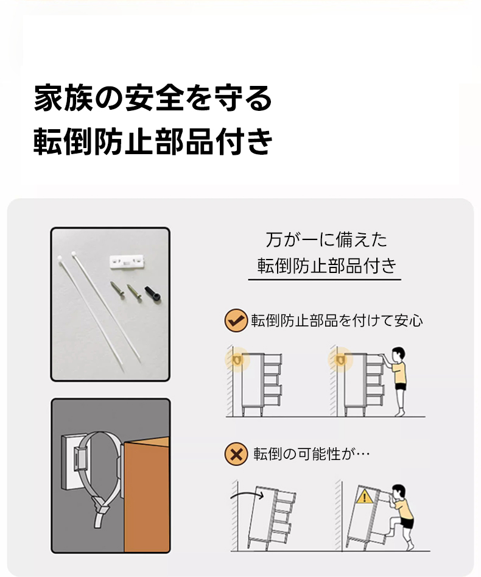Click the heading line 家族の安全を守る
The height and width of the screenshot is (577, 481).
[153, 98]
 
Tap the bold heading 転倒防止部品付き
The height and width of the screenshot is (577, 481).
[153, 141]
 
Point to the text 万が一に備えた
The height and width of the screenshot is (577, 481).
[326, 240]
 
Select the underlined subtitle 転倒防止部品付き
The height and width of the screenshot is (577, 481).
[327, 266]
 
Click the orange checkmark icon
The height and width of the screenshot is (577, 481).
[236, 320]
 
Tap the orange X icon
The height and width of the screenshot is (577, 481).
[236, 454]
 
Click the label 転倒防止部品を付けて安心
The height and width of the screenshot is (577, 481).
[337, 321]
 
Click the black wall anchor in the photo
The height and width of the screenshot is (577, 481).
[153, 293]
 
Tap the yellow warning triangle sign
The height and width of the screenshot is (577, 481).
[365, 497]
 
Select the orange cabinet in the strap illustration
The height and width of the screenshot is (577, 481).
[147, 495]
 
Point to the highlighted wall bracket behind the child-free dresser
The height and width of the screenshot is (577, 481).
[237, 359]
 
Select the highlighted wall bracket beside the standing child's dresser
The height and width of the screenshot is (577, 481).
[340, 359]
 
